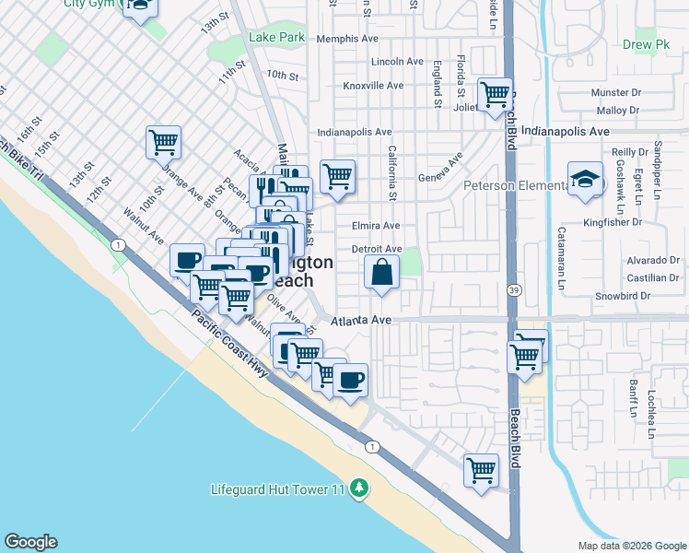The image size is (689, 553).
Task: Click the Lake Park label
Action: click(276, 38)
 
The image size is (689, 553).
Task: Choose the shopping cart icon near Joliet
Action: click(496, 94)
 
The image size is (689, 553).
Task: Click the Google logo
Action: click(30, 542)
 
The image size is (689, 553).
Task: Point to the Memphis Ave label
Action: click(347, 40)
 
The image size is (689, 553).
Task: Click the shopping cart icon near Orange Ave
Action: click(163, 143)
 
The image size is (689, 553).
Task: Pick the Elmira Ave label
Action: click(376, 226)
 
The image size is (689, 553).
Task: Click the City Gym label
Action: click(89, 4)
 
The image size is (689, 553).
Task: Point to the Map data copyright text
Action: click(631, 546)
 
